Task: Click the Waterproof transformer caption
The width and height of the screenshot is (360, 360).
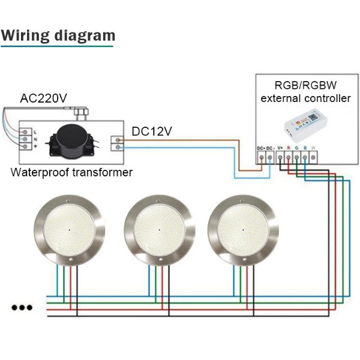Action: [72, 173]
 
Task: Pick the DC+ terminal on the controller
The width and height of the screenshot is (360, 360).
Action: [262, 157]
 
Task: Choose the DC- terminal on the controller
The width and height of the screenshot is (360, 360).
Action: [271, 157]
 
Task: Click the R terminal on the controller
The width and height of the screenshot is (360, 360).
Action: [289, 157]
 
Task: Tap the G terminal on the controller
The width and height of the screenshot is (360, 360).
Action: [297, 157]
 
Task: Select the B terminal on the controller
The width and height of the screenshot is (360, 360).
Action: [305, 157]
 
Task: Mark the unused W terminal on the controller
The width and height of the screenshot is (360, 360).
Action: [314, 157]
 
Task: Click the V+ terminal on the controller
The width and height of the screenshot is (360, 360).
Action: [280, 157]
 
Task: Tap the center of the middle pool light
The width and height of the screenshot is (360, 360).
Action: [159, 229]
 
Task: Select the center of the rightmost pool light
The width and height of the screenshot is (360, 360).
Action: [242, 229]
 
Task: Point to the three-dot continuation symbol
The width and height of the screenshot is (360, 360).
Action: [22, 307]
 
